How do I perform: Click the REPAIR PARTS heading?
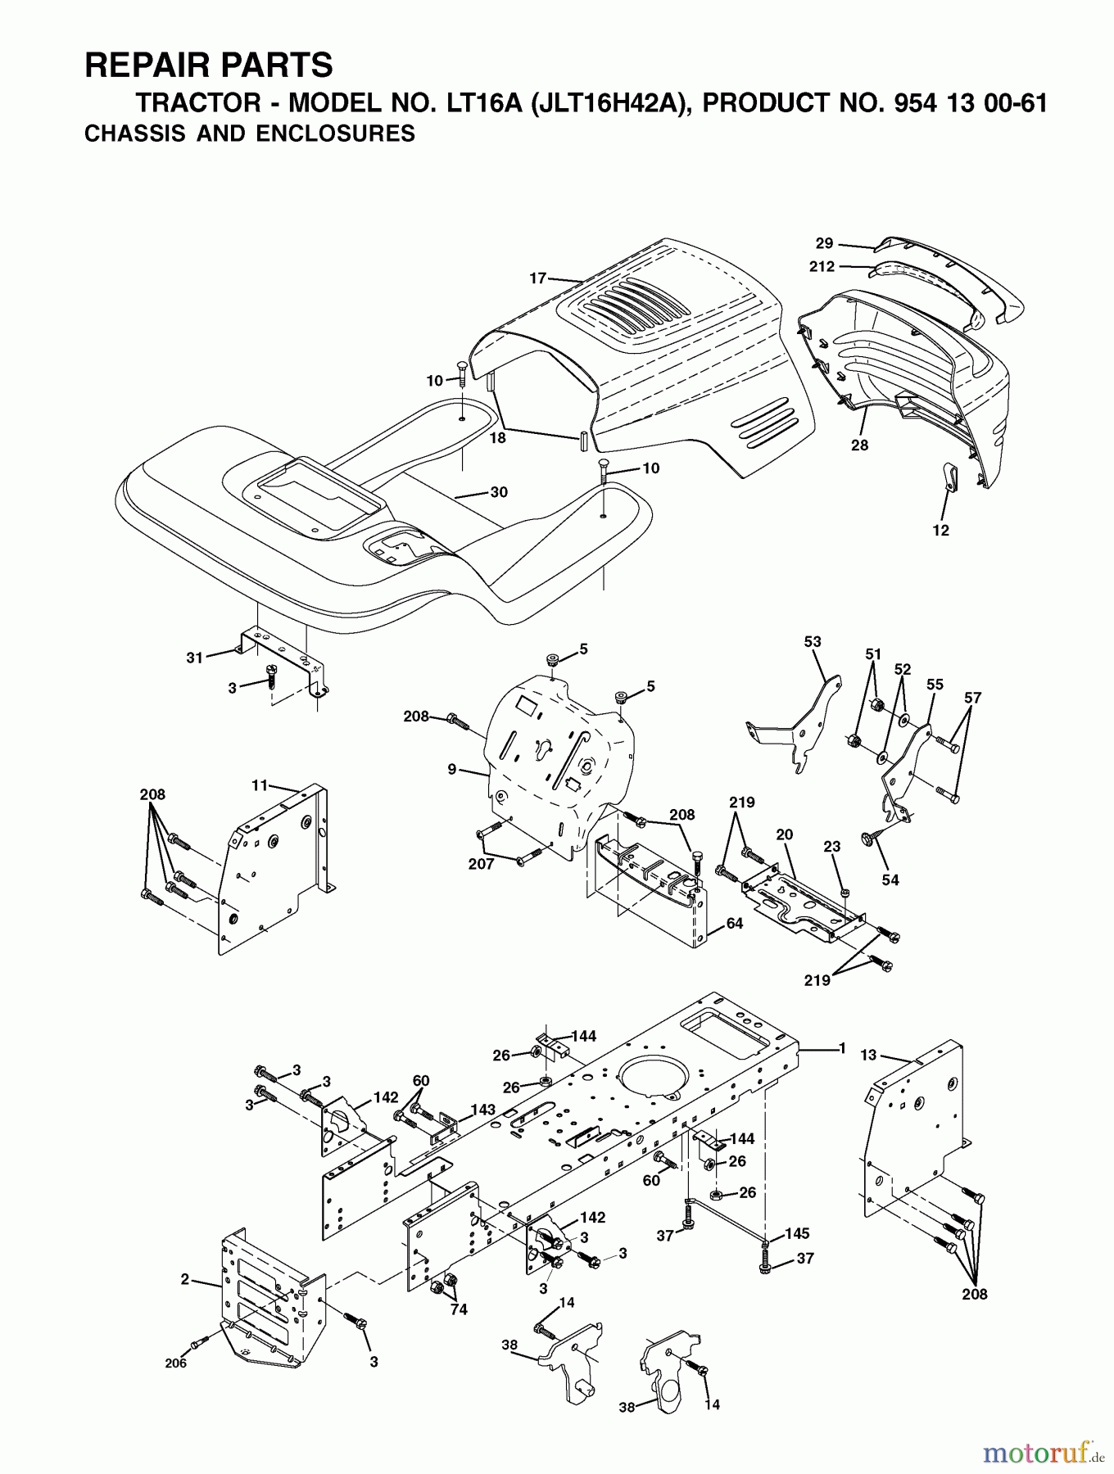point(208,65)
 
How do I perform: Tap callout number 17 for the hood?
point(537,278)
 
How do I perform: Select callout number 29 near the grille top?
point(824,243)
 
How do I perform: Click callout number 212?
point(821,266)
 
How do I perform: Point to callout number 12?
point(940,531)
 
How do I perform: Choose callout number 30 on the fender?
point(499,492)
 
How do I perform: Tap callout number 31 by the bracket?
point(194,658)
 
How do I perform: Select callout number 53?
point(813,642)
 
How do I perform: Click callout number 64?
point(735,923)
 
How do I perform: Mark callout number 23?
point(832,848)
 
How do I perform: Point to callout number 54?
point(890,879)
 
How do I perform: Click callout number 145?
point(797,1232)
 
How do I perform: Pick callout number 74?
point(459,1309)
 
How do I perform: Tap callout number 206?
point(175,1363)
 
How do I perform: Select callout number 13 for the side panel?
point(869,1055)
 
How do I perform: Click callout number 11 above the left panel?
point(260,785)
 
